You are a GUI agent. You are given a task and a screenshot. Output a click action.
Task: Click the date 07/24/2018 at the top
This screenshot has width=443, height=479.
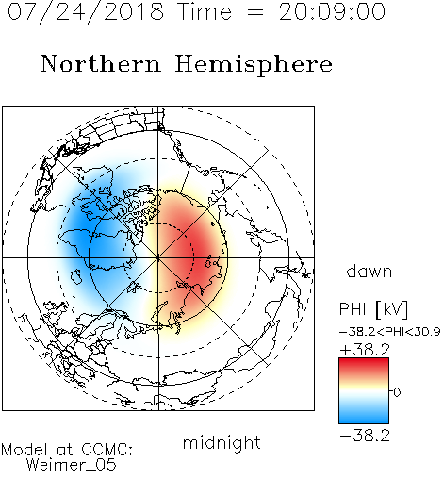click(x=86, y=12)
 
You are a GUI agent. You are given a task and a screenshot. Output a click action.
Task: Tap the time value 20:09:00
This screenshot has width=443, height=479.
click(x=332, y=12)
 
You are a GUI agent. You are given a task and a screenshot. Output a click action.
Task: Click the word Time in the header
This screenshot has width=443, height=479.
click(x=205, y=12)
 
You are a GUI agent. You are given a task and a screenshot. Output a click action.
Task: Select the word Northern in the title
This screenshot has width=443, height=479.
click(x=101, y=63)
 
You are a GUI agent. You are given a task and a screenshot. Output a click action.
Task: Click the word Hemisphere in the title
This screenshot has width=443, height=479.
click(x=254, y=65)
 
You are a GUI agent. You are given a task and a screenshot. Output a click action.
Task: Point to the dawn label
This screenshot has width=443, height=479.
click(x=369, y=272)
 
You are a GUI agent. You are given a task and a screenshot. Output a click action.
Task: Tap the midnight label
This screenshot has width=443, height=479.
click(x=221, y=442)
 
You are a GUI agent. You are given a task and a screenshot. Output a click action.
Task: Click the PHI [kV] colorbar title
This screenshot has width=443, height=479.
click(x=373, y=309)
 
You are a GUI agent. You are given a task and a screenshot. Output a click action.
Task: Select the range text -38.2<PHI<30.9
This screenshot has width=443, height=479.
click(x=389, y=332)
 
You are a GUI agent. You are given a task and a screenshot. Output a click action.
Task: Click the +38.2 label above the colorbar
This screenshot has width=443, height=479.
click(x=365, y=350)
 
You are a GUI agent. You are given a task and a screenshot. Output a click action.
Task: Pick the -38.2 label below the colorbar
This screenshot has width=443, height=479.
click(x=365, y=436)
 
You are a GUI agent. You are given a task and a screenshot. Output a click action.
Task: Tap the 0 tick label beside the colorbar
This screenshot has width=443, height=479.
click(x=397, y=392)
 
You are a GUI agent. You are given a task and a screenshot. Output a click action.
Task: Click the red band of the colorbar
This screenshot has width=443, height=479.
click(x=364, y=366)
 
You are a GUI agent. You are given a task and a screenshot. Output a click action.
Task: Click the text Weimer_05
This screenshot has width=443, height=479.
click(x=71, y=465)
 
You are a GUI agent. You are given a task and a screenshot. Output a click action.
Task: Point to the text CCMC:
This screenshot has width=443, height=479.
click(x=107, y=450)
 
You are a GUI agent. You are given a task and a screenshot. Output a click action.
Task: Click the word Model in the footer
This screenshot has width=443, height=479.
click(x=25, y=450)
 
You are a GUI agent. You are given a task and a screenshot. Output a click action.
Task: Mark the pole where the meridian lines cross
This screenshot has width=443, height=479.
click(x=158, y=257)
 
